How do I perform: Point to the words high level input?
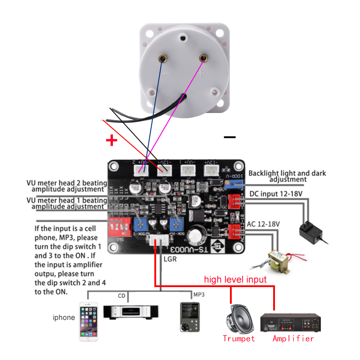pyautogui.click(x=235, y=279)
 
